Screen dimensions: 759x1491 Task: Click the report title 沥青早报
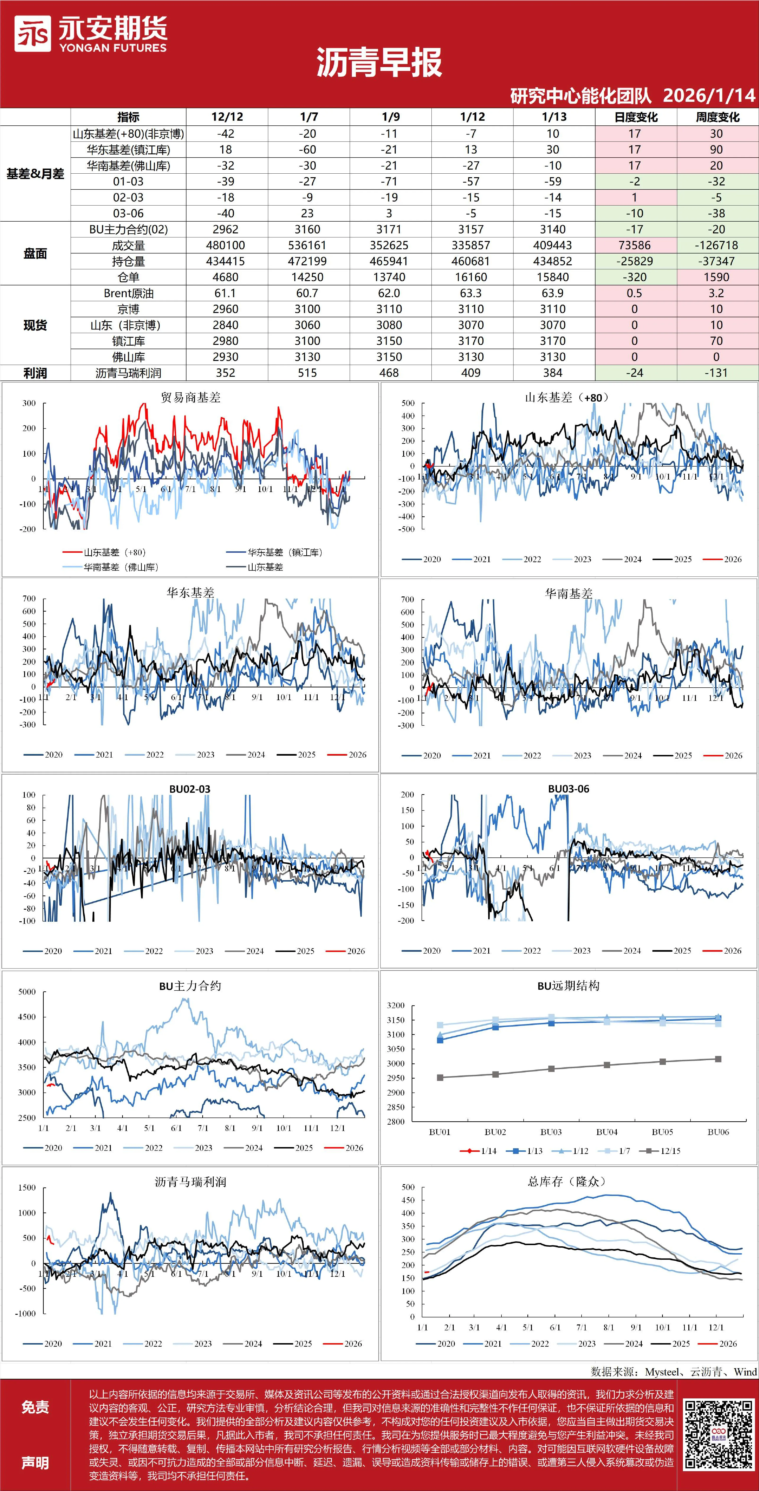pos(379,63)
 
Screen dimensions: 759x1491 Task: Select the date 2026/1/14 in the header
pos(709,95)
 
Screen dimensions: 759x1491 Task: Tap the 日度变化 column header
pos(636,117)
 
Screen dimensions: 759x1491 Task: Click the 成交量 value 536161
pos(307,245)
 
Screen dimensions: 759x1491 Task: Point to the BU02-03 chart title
pos(190,789)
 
